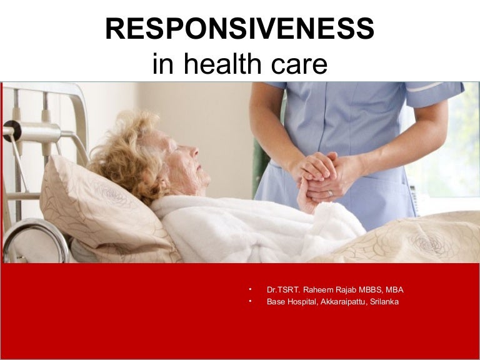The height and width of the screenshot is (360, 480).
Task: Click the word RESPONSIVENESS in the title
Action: tap(240, 28)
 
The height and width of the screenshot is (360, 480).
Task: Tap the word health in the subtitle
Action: tap(222, 63)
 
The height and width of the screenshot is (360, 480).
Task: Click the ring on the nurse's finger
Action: tap(330, 194)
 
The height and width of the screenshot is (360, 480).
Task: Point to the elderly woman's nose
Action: tap(194, 151)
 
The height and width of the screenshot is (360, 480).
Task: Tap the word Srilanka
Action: tap(384, 301)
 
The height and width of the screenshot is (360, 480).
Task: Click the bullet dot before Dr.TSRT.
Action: tap(250, 289)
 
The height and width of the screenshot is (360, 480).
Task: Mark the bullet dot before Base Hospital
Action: tap(250, 301)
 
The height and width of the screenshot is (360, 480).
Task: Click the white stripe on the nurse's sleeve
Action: tap(426, 87)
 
